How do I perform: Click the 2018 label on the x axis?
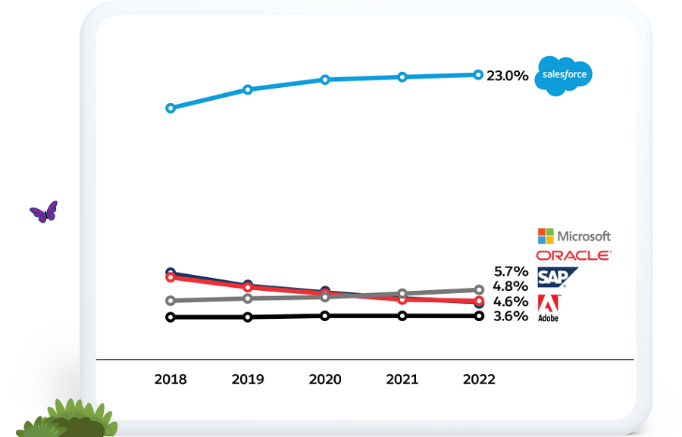pyautogui.click(x=170, y=379)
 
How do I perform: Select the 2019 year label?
pyautogui.click(x=248, y=379)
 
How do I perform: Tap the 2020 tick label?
pyautogui.click(x=325, y=379)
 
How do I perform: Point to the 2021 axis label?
pyautogui.click(x=402, y=379)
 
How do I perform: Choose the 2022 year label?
pyautogui.click(x=479, y=379)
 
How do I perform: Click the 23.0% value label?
pyautogui.click(x=507, y=76)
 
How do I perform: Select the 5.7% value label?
pyautogui.click(x=510, y=271)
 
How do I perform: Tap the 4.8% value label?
pyautogui.click(x=510, y=286)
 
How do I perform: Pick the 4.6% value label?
pyautogui.click(x=510, y=301)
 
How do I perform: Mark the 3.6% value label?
pyautogui.click(x=510, y=317)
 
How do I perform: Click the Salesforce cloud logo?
pyautogui.click(x=562, y=75)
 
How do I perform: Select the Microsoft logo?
pyautogui.click(x=574, y=236)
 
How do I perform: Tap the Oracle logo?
pyautogui.click(x=574, y=255)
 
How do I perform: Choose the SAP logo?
pyautogui.click(x=556, y=277)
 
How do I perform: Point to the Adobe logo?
pyautogui.click(x=549, y=307)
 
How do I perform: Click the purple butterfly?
pyautogui.click(x=44, y=212)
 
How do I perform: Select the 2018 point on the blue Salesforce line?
pyautogui.click(x=170, y=108)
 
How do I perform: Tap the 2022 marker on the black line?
pyautogui.click(x=479, y=316)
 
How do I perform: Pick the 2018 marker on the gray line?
pyautogui.click(x=170, y=301)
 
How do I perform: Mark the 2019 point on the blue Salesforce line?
pyautogui.click(x=248, y=89)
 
